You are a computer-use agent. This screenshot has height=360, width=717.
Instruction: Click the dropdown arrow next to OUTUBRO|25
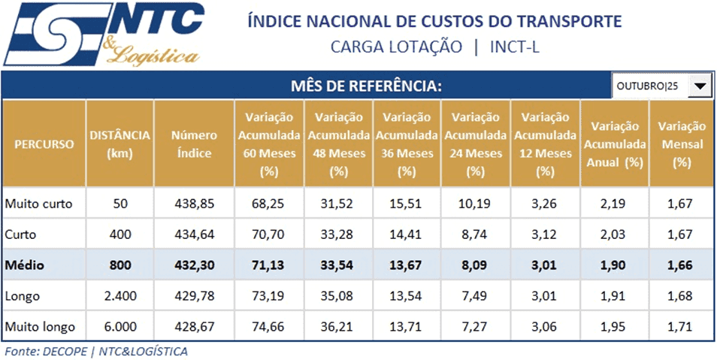click(x=699, y=86)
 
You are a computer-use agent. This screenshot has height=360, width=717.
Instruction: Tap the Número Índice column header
click(x=193, y=144)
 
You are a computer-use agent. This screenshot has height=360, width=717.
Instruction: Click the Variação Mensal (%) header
click(x=682, y=144)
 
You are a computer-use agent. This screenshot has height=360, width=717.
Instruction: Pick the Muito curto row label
click(x=38, y=204)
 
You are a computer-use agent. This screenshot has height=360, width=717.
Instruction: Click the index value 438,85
click(x=193, y=204)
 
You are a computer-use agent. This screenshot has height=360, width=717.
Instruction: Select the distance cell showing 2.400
click(x=120, y=296)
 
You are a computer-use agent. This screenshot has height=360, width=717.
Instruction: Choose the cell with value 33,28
click(x=338, y=234)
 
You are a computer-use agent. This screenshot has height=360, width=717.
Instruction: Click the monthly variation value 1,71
click(x=682, y=327)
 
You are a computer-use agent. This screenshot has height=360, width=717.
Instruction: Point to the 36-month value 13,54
click(x=407, y=296)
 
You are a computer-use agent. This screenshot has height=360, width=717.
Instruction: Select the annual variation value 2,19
click(x=613, y=204)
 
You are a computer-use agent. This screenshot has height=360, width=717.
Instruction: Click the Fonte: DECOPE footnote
click(x=96, y=351)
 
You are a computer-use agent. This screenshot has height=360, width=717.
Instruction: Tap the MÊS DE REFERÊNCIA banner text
click(x=365, y=86)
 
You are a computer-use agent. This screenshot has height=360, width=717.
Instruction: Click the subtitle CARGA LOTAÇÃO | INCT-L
click(x=434, y=47)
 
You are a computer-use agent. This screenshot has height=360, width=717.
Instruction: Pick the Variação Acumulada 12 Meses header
click(x=545, y=144)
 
